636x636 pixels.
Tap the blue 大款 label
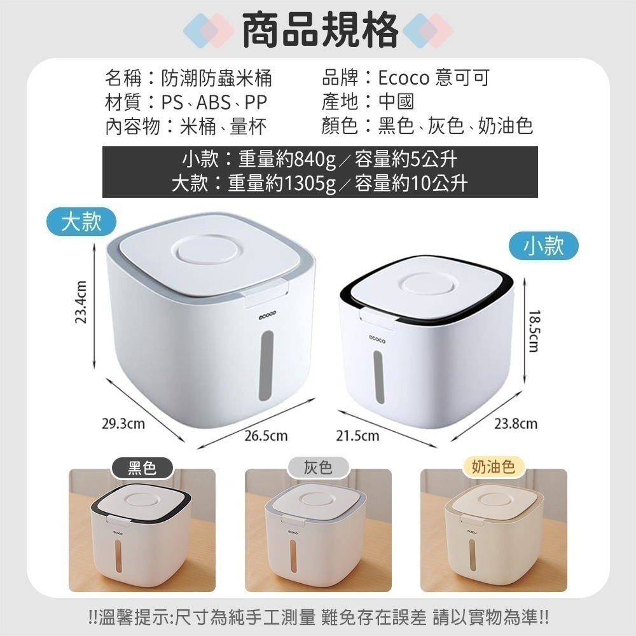point(82,223)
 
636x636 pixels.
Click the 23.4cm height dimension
point(81,302)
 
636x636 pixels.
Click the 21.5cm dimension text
point(358,436)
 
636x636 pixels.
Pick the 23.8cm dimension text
point(516,424)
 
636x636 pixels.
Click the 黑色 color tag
point(142,468)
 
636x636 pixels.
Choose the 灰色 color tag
point(318,468)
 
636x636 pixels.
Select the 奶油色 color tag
point(493,468)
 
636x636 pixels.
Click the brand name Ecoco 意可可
point(434,79)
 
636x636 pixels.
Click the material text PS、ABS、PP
point(214,102)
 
